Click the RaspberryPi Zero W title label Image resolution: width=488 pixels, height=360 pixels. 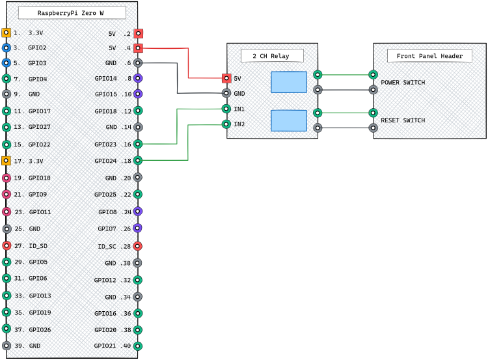[x=72, y=13]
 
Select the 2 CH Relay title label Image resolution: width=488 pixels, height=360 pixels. [x=272, y=56]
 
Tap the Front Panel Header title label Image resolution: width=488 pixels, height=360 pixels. [x=429, y=56]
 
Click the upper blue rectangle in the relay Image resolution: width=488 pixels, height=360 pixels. [x=288, y=82]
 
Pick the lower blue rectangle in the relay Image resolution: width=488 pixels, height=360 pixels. [x=288, y=120]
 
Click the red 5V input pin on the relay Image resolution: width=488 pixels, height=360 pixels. [x=226, y=78]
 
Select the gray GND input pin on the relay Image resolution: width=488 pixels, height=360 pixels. [x=226, y=93]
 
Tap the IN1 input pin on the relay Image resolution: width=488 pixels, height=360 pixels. [x=226, y=109]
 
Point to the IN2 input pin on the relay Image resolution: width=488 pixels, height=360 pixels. [x=226, y=124]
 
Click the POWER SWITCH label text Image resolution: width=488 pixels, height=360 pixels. [x=403, y=83]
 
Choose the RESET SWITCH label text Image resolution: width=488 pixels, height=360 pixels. [x=403, y=120]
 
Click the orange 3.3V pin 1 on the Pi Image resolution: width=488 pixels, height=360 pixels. [x=6, y=33]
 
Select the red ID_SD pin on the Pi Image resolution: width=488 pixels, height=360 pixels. [x=7, y=245]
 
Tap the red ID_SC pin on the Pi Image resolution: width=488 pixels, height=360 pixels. [x=137, y=246]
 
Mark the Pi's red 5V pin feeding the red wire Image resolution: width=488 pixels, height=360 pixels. [x=138, y=48]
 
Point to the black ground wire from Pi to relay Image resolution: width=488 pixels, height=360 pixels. [x=177, y=78]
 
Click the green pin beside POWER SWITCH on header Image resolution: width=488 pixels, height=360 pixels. [x=373, y=75]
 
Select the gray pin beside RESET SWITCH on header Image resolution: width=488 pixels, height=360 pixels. [x=373, y=128]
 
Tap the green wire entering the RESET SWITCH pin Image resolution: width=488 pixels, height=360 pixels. [x=345, y=113]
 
